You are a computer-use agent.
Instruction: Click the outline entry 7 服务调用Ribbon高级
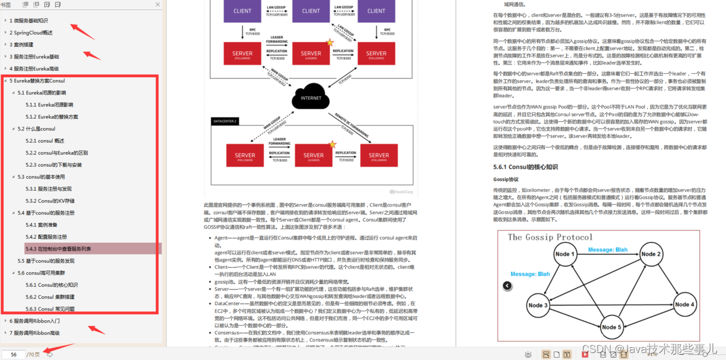tap(35, 333)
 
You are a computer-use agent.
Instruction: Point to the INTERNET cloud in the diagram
tap(311, 97)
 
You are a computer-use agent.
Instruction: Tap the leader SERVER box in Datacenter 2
tap(313, 155)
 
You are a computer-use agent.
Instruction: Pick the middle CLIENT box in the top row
tap(311, 11)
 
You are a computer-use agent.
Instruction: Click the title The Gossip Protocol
tap(550, 237)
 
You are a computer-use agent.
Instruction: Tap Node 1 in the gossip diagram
tap(565, 254)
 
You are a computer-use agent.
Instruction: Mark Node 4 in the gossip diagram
tap(684, 304)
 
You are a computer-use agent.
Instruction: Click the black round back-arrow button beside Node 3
tap(507, 286)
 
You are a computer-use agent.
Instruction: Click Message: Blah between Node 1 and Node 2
tap(608, 250)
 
